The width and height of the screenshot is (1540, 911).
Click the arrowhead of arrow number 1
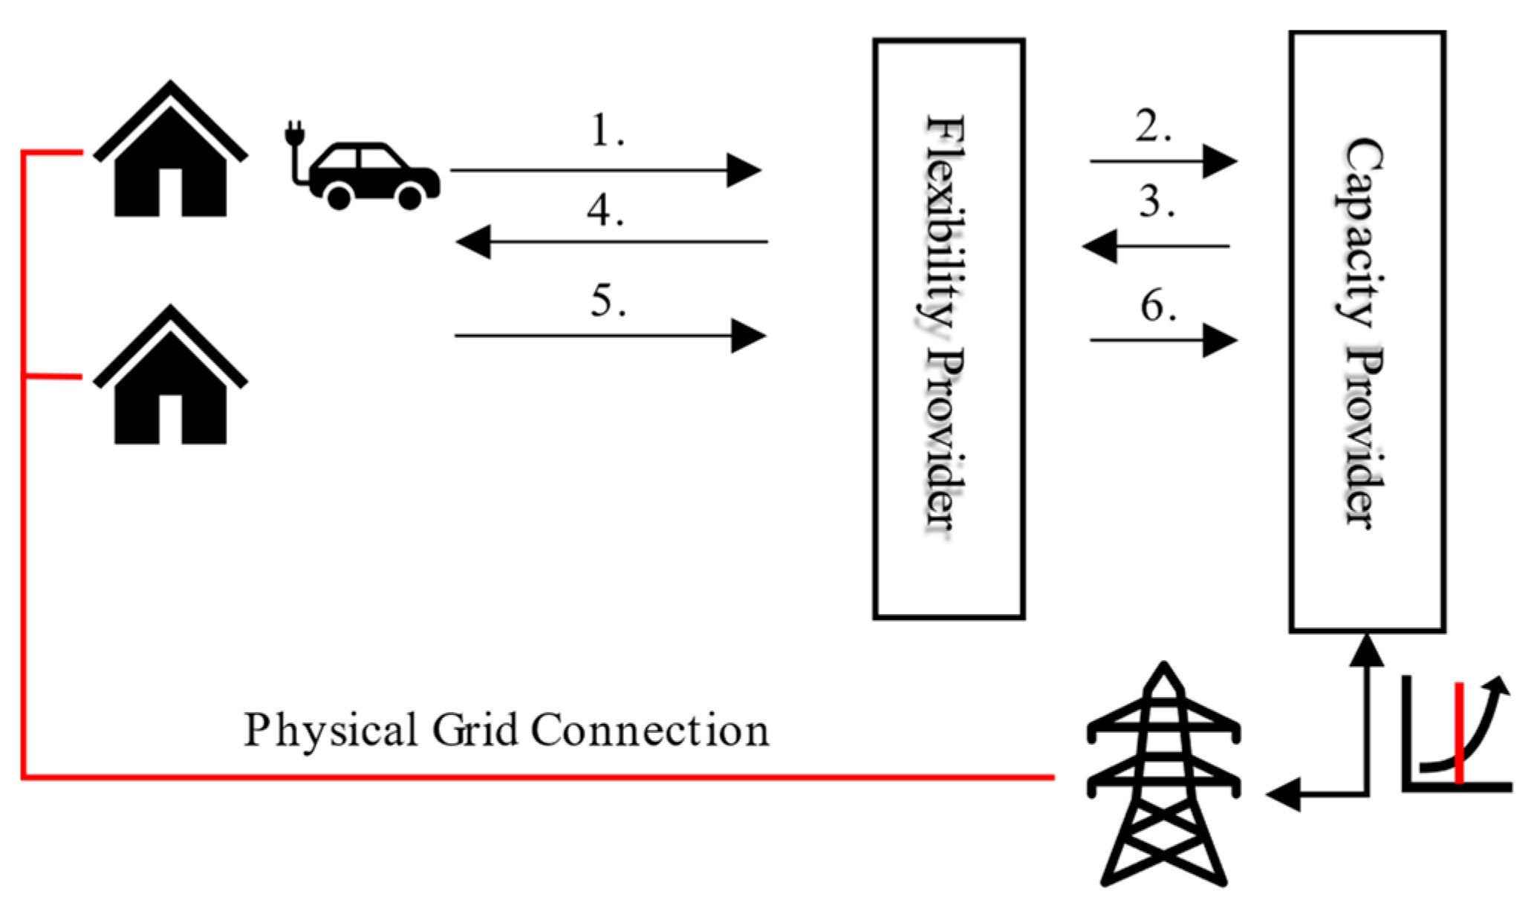(744, 170)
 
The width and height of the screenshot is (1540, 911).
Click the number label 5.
(608, 301)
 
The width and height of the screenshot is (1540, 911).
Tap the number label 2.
(1152, 126)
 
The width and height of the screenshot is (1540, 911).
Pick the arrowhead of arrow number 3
(1099, 246)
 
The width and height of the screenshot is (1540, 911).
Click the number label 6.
(1157, 306)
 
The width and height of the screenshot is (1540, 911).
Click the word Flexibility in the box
(945, 223)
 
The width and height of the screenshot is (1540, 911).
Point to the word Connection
(650, 730)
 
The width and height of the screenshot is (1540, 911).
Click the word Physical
(331, 730)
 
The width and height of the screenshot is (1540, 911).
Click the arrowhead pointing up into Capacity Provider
(1366, 650)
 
